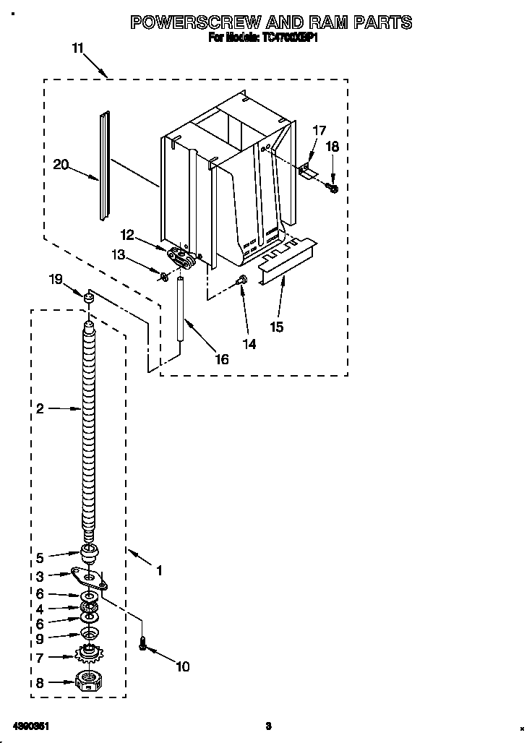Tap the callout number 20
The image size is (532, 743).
61,165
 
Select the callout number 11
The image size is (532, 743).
77,48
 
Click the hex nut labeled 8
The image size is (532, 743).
87,682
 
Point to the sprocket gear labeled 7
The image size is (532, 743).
89,655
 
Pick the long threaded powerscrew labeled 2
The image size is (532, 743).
88,426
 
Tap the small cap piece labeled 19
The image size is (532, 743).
89,296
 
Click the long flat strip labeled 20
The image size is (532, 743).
106,166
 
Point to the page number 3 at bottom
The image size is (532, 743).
267,726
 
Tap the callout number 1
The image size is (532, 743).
159,570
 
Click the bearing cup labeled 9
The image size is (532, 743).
89,635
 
